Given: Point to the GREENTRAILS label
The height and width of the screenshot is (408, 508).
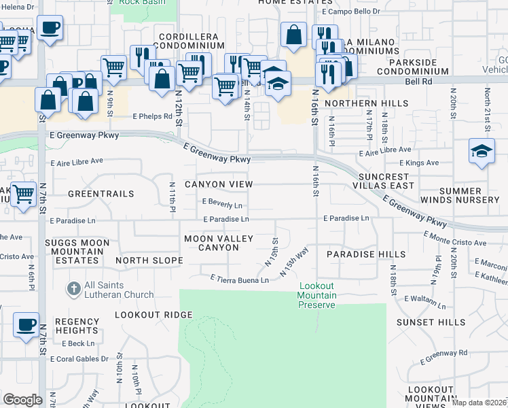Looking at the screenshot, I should tap(101, 194).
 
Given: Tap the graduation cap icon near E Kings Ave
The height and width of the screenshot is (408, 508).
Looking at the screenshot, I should tap(482, 152).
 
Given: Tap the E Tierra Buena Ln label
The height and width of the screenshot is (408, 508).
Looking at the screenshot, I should tap(236, 278).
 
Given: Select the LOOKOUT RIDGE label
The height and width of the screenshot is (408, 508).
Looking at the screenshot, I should tap(153, 315).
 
